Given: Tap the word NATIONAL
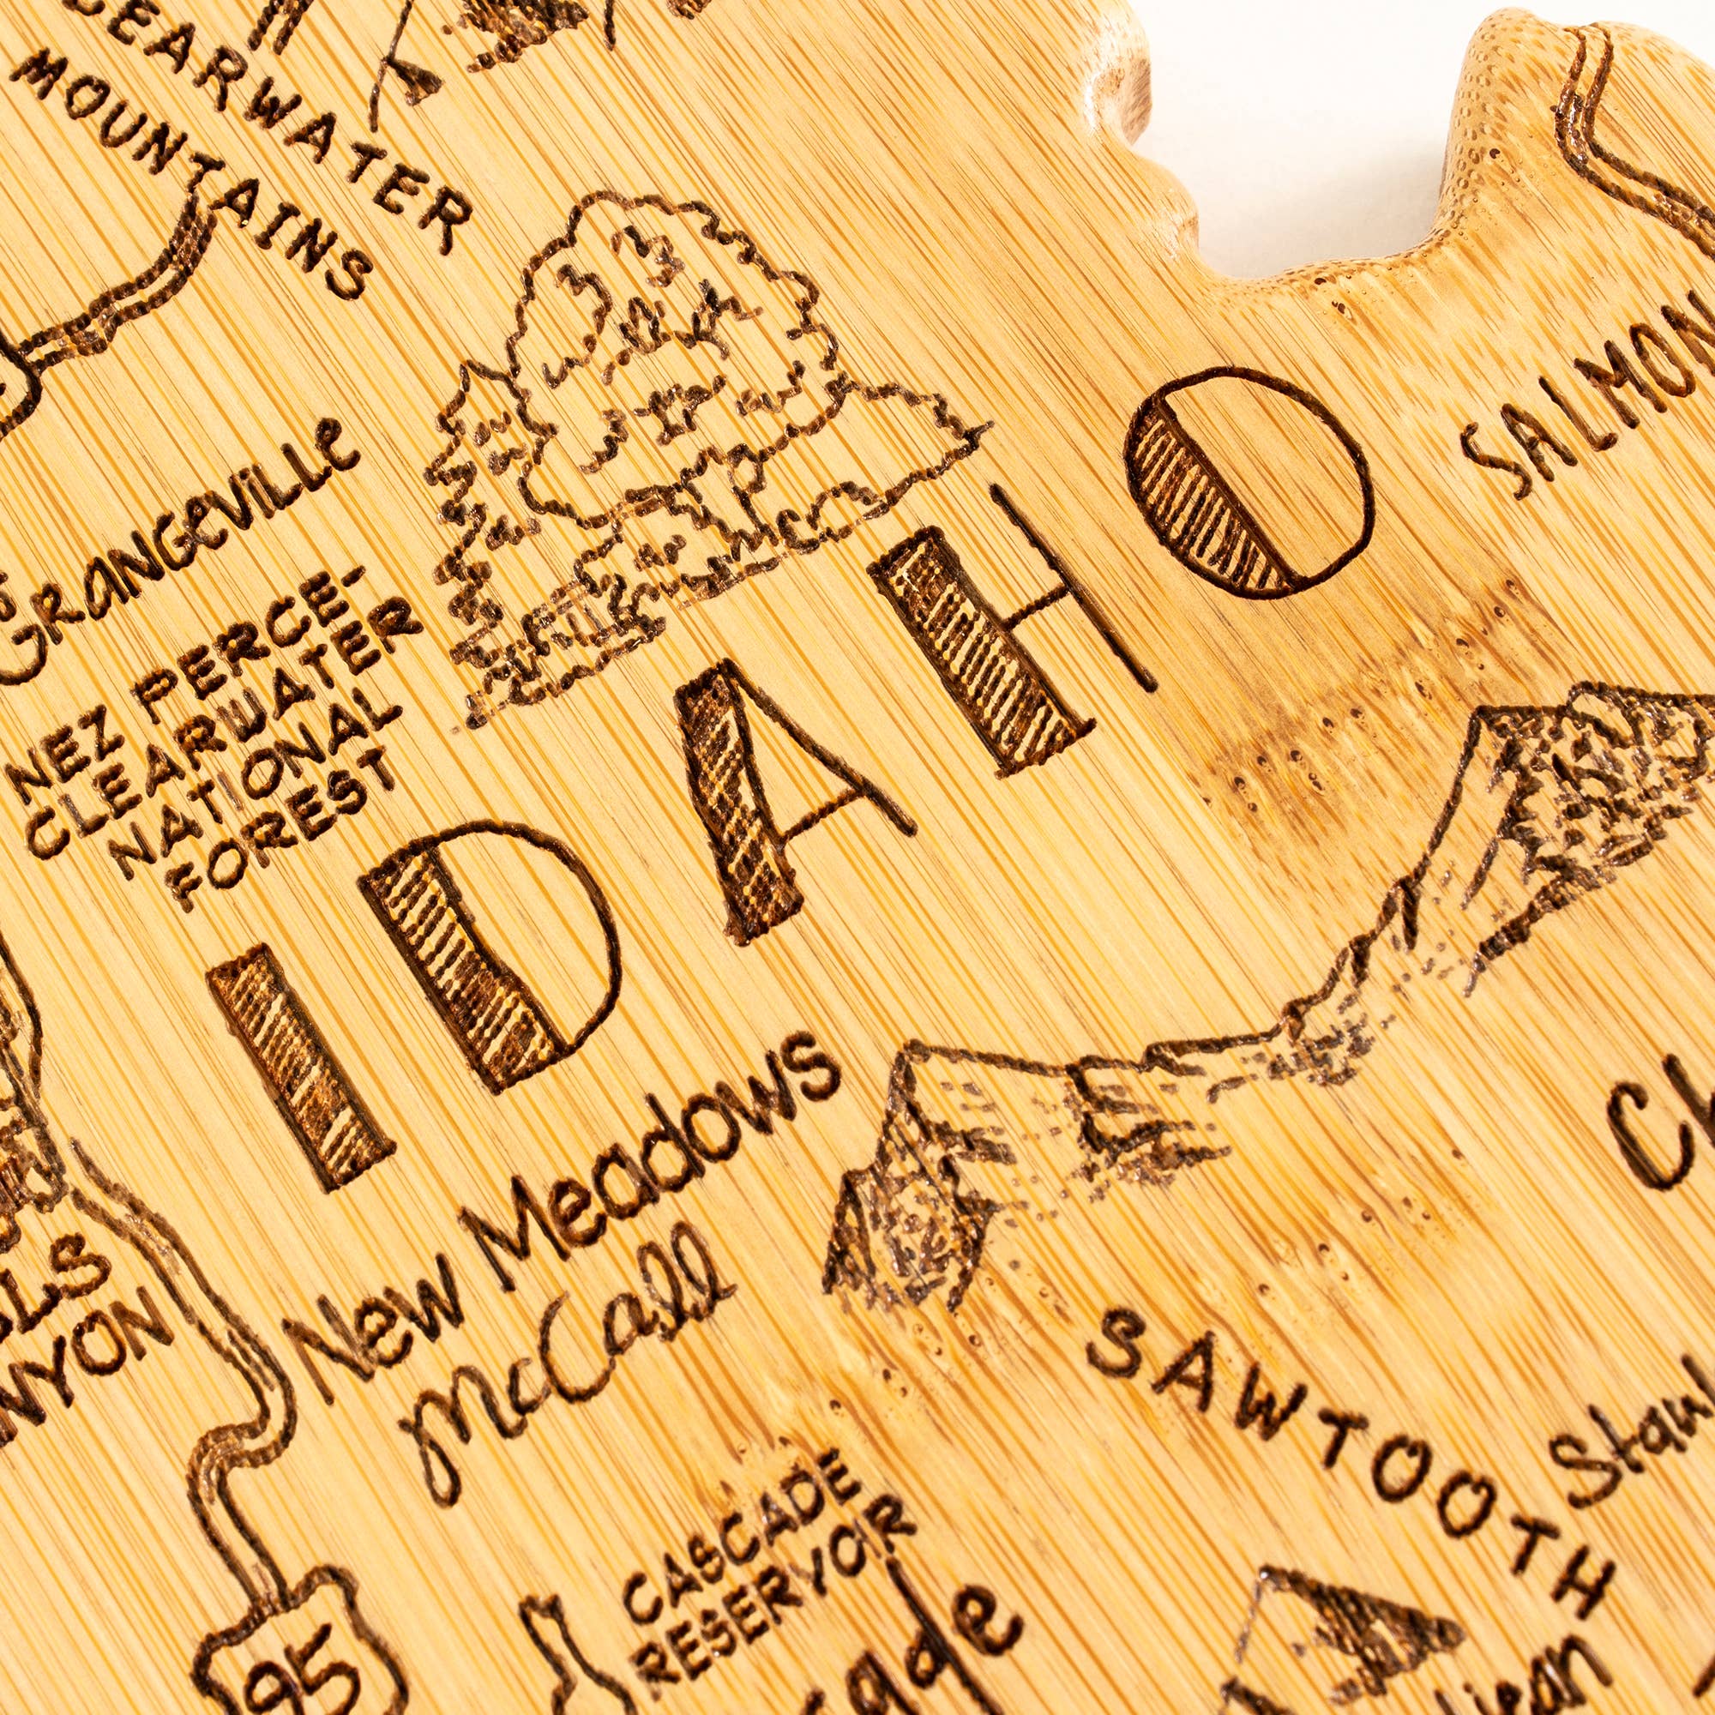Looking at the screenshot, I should tap(267, 763).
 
